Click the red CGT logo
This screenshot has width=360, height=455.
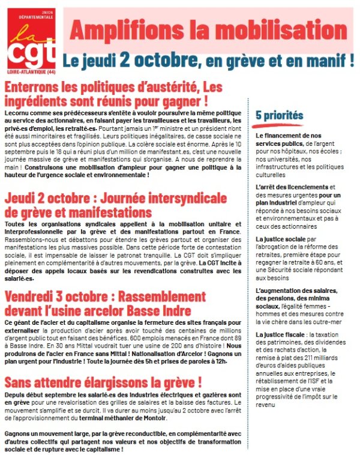34,45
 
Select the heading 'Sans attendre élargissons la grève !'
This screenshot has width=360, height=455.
103,382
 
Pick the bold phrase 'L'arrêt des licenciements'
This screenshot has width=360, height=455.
292,187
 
